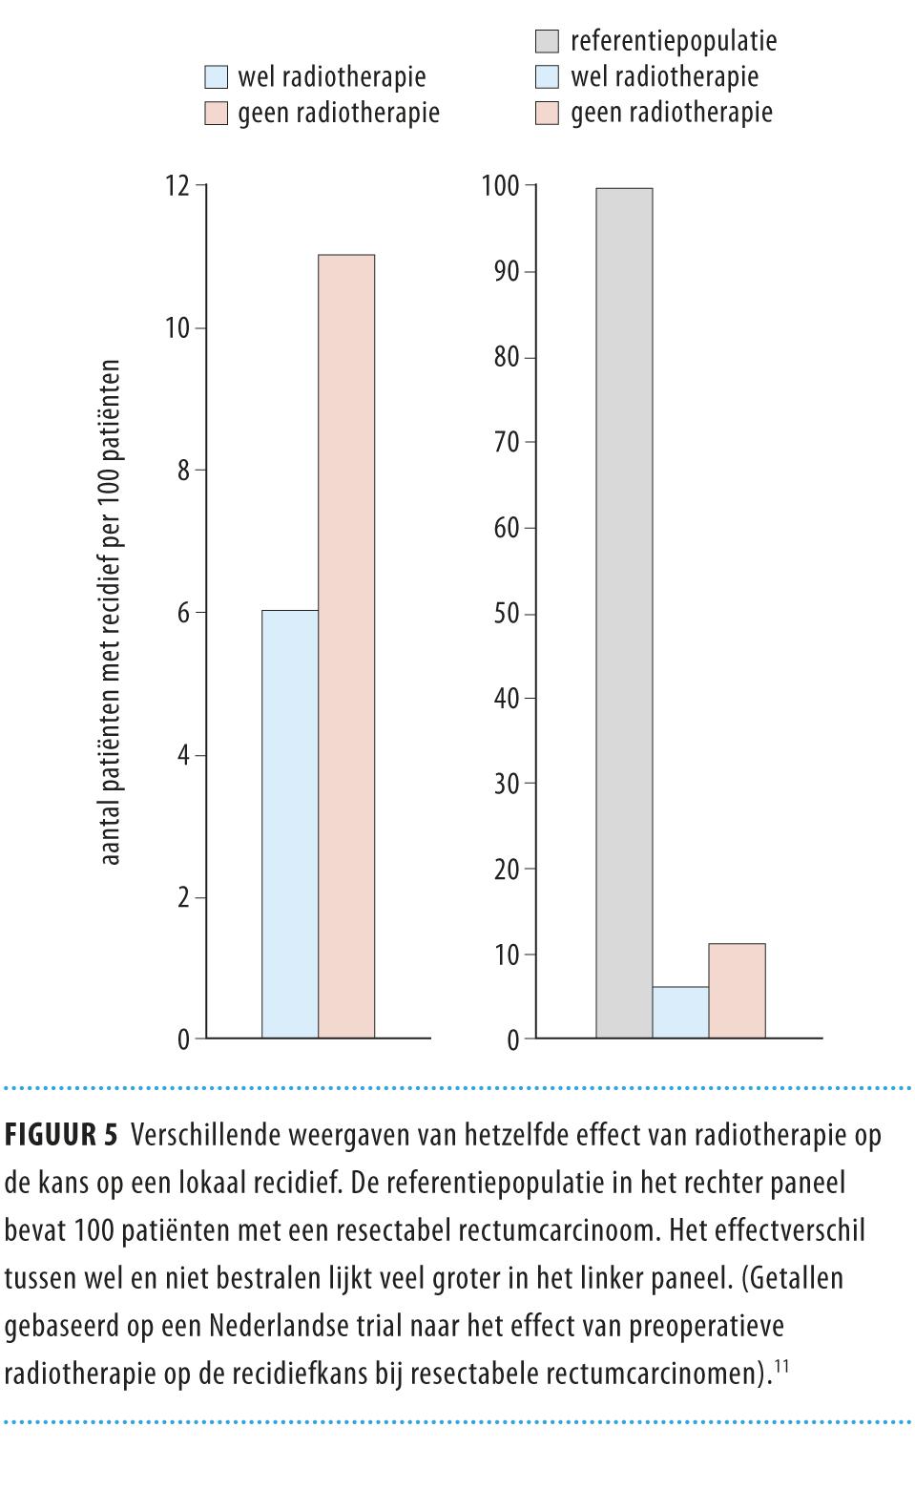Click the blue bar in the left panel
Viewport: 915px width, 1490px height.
290,823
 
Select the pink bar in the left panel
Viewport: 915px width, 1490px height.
346,645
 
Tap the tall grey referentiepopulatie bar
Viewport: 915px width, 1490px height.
624,612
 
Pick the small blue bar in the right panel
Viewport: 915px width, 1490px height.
680,1012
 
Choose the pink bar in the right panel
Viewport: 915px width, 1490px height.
737,991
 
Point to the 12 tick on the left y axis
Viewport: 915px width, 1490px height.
177,185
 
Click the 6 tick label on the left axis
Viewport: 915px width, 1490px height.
183,613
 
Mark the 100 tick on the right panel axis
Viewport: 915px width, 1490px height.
500,185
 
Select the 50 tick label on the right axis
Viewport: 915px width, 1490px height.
507,613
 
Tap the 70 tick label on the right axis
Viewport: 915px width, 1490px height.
507,442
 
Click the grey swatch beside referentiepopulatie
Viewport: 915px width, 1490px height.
547,42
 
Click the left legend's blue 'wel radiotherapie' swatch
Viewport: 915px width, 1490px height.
217,77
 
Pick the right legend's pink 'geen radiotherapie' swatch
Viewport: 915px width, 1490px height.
547,114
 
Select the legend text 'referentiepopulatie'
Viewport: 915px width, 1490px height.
674,42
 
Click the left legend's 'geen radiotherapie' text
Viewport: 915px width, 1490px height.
339,114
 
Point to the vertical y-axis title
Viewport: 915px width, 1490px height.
111,612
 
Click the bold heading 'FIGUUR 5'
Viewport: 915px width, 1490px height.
61,1135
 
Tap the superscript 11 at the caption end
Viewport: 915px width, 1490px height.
780,1368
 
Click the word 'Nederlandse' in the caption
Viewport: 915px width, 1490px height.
265,1326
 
